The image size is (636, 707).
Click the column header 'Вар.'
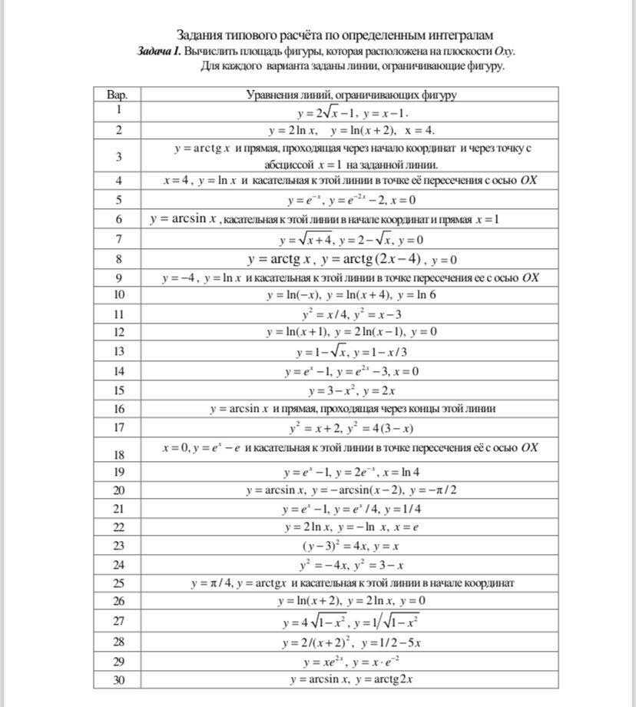pyautogui.click(x=118, y=95)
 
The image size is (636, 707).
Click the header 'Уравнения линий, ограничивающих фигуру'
pyautogui.click(x=351, y=95)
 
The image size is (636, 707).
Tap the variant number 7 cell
pyautogui.click(x=118, y=239)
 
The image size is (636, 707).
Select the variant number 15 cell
pyautogui.click(x=118, y=390)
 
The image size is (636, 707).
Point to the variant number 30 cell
pyautogui.click(x=118, y=679)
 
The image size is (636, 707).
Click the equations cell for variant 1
pyautogui.click(x=351, y=112)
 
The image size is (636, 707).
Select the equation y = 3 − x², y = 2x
pyautogui.click(x=351, y=390)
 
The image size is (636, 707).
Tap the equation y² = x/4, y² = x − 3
pyautogui.click(x=351, y=314)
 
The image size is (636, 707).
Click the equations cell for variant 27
pyautogui.click(x=351, y=622)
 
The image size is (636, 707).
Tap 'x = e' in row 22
pyautogui.click(x=402, y=527)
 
